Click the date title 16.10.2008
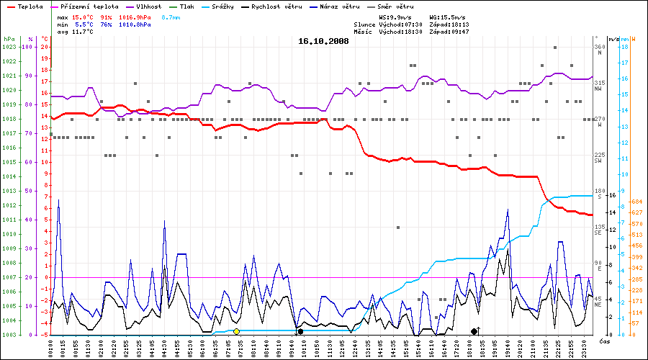click(x=323, y=42)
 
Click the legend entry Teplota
click(x=29, y=6)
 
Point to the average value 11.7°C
click(x=81, y=32)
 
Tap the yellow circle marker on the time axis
click(x=236, y=331)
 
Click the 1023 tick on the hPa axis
click(x=9, y=47)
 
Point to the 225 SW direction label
click(x=598, y=158)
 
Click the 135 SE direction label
click(x=598, y=230)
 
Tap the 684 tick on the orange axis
click(x=636, y=202)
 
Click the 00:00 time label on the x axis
click(x=51, y=348)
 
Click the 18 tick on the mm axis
click(x=625, y=47)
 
